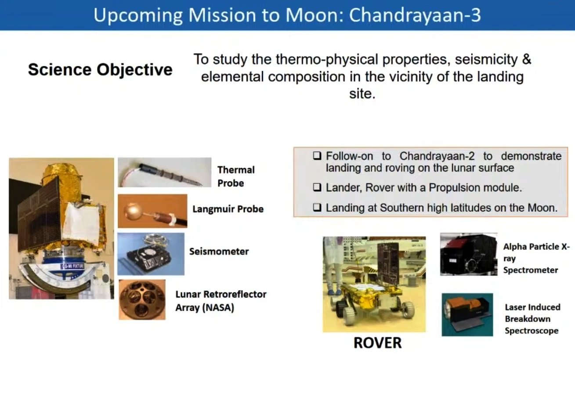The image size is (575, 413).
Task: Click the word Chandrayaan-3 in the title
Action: pos(415,15)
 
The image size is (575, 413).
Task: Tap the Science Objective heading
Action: pos(100,70)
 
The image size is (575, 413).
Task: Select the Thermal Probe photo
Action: pos(165,172)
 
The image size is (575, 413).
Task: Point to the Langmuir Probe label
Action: pos(228,209)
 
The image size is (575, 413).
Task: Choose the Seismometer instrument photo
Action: pos(151,254)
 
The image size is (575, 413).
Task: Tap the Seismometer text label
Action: pos(219,251)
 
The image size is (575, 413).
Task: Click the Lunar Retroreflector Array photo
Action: pos(142,300)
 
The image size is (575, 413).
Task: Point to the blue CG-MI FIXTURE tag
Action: pos(72,266)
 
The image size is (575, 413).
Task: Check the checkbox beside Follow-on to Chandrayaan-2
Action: pos(317,156)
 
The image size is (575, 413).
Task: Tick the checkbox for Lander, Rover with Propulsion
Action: pos(317,188)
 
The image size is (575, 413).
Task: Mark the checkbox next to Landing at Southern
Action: pos(317,208)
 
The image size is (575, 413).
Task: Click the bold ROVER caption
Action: pos(378,343)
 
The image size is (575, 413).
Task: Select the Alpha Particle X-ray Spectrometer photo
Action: pos(469,254)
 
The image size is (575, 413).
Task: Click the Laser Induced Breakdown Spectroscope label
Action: pos(532,319)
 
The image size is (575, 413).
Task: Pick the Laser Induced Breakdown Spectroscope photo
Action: pos(467,315)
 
